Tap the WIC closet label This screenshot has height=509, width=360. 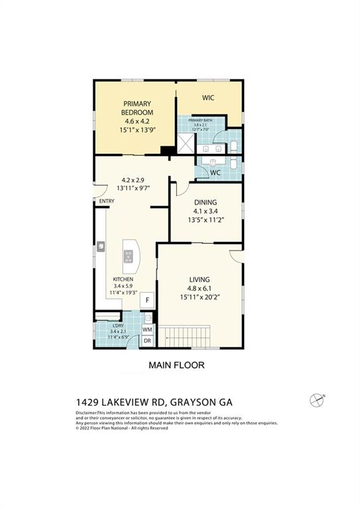(x=208, y=98)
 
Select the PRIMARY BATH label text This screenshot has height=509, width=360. (x=200, y=121)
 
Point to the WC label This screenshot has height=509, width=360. (x=215, y=173)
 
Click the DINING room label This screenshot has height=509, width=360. (x=205, y=203)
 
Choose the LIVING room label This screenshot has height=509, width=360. (x=198, y=279)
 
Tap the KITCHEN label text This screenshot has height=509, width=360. (x=123, y=280)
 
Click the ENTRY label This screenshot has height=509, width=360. (x=107, y=201)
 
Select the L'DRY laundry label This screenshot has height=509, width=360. (x=118, y=326)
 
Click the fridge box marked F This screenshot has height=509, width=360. (x=147, y=300)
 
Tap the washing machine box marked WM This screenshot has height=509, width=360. (x=147, y=329)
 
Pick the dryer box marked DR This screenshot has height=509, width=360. (x=147, y=341)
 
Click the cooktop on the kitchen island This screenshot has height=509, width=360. (x=129, y=255)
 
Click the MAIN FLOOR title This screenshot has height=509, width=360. (x=176, y=365)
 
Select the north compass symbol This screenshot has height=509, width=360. (x=316, y=399)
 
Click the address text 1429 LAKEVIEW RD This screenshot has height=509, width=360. (x=120, y=402)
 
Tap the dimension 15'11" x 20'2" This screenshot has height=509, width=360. (x=198, y=298)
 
